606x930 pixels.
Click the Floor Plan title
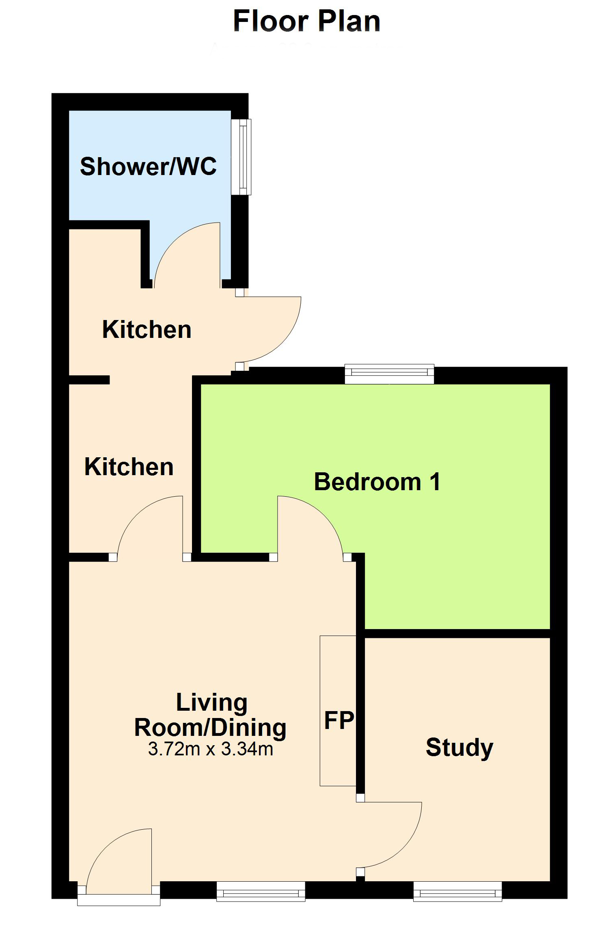pyautogui.click(x=307, y=21)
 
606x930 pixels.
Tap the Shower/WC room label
pyautogui.click(x=149, y=166)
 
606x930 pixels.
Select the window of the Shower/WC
pyautogui.click(x=241, y=157)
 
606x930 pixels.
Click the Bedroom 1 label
pyautogui.click(x=377, y=482)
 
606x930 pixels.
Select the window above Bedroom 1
pyautogui.click(x=389, y=374)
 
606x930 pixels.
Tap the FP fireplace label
pyautogui.click(x=339, y=720)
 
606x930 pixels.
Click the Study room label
pyautogui.click(x=459, y=748)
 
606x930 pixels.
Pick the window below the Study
pyautogui.click(x=457, y=891)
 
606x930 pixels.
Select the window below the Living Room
pyautogui.click(x=261, y=891)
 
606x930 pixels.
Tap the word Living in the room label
pyautogui.click(x=211, y=703)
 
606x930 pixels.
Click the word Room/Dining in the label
pyautogui.click(x=210, y=727)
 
